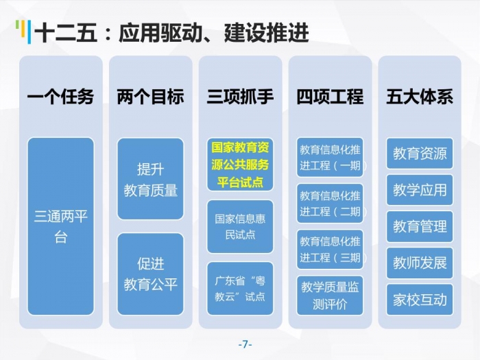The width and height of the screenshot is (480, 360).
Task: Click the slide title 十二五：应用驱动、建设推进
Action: coord(171,33)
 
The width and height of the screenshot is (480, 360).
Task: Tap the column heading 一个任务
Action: coord(60,97)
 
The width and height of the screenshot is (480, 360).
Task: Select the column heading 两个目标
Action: coord(150,97)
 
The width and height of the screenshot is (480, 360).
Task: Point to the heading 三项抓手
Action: coord(240,97)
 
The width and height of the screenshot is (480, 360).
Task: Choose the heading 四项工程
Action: coord(330,97)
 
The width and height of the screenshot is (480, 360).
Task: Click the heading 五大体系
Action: coord(420,97)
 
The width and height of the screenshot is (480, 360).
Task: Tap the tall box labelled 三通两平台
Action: coord(60,226)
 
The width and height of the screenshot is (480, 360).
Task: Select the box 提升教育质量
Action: coord(150,179)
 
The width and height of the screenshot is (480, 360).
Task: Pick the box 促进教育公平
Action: coord(150,274)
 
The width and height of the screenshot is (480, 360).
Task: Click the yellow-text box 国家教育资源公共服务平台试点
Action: coord(240,165)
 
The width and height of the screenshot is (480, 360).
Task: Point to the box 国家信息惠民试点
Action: coord(240,226)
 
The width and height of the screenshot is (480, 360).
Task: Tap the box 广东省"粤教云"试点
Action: coord(240,289)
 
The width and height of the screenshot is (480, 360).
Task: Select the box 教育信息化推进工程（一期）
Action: coord(330,157)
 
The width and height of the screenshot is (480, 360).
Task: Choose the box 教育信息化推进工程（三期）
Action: coord(330,250)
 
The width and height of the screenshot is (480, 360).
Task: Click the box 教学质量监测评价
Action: coord(330,296)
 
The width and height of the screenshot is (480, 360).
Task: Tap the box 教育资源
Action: coord(420,154)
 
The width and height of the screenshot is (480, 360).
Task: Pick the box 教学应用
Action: coord(420,190)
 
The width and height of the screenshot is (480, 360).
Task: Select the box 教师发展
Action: coord(420,263)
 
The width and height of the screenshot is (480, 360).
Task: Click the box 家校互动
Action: coord(420,300)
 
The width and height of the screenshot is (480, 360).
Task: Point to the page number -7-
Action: coord(245,344)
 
